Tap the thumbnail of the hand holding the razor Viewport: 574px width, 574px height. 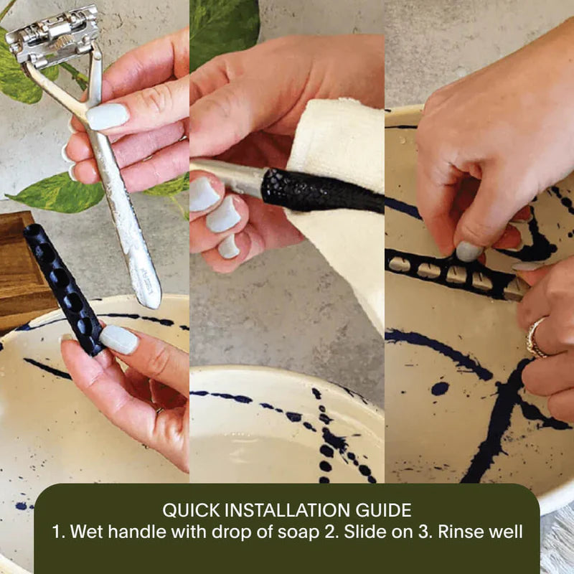[107, 116]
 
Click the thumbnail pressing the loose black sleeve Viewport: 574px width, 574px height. [118, 339]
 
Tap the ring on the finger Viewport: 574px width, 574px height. [535, 337]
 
